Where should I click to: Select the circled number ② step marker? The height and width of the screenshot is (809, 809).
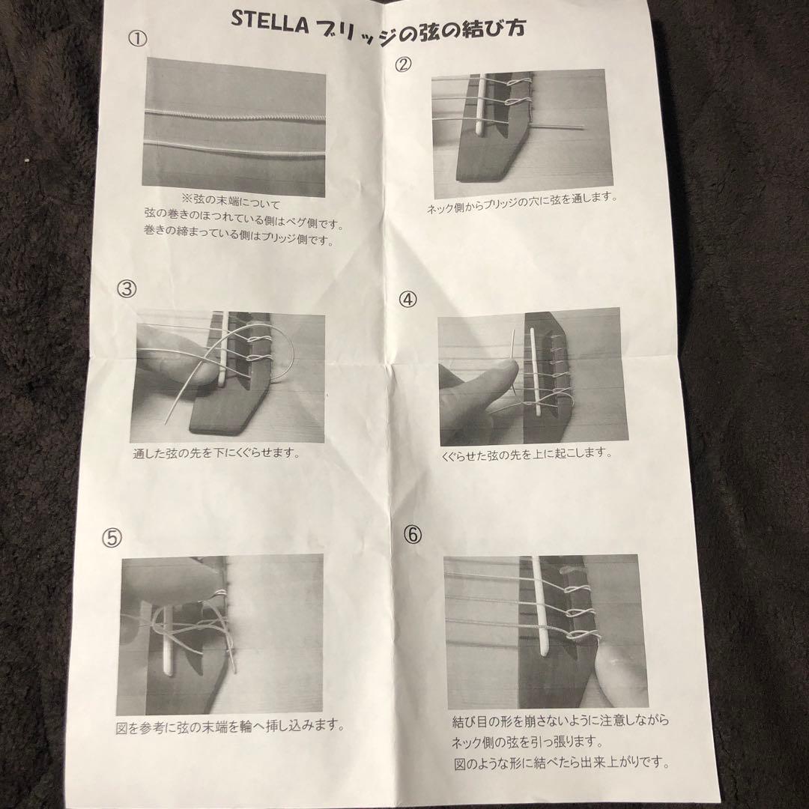coord(402,64)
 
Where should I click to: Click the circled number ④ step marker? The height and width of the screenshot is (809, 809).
coord(408,299)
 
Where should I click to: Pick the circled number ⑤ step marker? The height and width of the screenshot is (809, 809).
coord(112,536)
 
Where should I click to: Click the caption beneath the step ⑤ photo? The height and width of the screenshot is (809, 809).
coord(230,726)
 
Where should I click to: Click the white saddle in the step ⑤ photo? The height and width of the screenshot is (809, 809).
coord(166,644)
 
